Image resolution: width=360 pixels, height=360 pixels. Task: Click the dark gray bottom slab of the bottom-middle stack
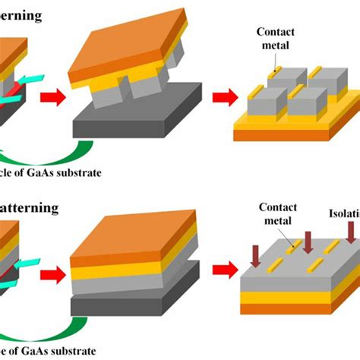(137, 300)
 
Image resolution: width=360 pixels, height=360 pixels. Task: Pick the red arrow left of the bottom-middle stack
(53, 271)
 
